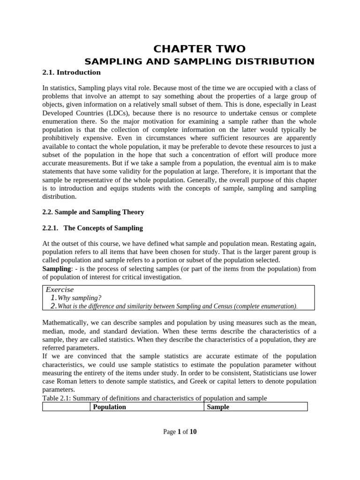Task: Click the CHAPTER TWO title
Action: [x=200, y=49]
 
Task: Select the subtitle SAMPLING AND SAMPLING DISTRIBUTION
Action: [x=199, y=61]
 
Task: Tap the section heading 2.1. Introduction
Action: [x=72, y=73]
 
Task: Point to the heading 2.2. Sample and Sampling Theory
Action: [x=93, y=212]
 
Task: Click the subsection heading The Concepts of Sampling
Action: [x=103, y=228]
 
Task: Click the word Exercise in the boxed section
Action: [x=60, y=290]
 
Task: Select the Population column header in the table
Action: [x=110, y=407]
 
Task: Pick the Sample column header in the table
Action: [x=218, y=407]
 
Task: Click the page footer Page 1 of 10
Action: [x=180, y=432]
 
